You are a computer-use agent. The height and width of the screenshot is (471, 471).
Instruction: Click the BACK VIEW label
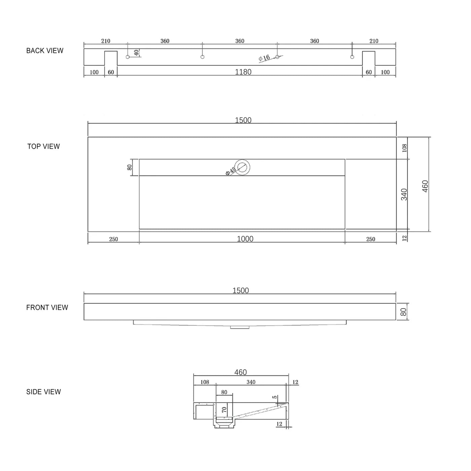(45, 51)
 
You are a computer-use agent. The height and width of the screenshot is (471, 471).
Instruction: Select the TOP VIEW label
(43, 147)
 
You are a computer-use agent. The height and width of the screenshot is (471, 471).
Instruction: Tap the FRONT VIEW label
(47, 307)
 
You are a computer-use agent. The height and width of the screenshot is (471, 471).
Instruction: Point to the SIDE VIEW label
(43, 392)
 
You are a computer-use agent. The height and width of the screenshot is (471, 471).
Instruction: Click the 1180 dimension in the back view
(243, 72)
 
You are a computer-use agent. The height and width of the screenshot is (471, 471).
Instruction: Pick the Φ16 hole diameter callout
(264, 58)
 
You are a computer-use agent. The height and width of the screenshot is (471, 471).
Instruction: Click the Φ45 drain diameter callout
(231, 171)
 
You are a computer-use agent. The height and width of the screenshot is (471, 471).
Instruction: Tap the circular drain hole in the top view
(242, 167)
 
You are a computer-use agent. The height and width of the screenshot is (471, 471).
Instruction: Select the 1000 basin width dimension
(245, 239)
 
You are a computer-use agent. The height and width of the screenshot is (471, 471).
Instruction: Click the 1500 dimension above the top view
(243, 120)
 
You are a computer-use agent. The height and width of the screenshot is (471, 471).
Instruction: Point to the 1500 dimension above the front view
(241, 290)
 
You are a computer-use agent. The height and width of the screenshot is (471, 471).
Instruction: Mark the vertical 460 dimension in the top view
(425, 186)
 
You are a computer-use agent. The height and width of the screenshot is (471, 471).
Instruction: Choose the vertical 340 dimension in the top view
(404, 194)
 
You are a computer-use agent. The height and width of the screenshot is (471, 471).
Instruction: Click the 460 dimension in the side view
(240, 372)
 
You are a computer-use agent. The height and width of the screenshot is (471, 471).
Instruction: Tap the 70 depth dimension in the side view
(224, 410)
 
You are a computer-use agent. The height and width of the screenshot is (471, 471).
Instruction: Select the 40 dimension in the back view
(136, 53)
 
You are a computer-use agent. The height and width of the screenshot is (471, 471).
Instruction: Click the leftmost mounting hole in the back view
(128, 57)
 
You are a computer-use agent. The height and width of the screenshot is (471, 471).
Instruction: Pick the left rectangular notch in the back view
(111, 59)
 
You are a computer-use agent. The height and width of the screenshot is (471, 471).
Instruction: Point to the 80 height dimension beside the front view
(404, 312)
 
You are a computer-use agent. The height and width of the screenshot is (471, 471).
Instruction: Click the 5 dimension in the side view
(275, 397)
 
